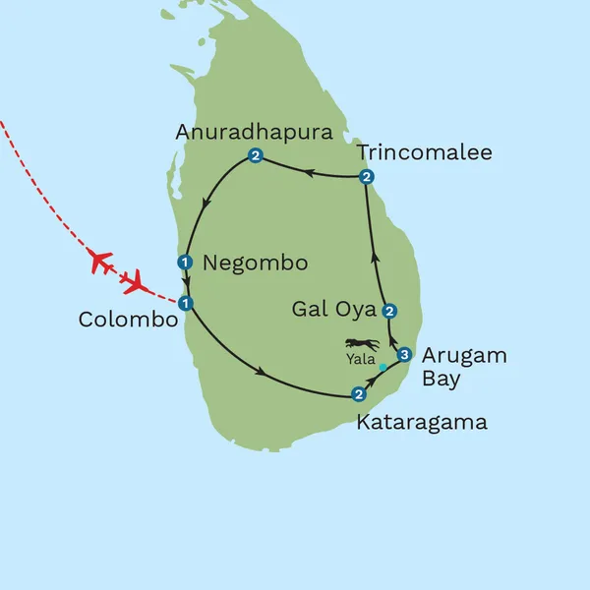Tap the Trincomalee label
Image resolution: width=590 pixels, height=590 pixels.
424,152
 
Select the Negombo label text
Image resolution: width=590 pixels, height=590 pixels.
255,264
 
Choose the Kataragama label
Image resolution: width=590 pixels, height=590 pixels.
424,423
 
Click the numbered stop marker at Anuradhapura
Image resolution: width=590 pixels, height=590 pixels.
255,156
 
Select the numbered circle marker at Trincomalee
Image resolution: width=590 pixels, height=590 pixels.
366,177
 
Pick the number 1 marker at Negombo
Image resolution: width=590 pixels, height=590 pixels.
184,262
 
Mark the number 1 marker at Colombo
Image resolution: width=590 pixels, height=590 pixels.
184,303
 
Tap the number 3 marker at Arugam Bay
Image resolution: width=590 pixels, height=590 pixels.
403,354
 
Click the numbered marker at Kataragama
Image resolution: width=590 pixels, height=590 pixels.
358,395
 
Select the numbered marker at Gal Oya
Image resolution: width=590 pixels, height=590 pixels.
389,311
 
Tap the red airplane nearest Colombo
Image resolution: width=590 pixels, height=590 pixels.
135,283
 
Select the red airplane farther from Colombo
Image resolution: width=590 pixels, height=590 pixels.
100,262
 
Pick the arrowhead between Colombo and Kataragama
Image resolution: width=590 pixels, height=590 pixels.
261,372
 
